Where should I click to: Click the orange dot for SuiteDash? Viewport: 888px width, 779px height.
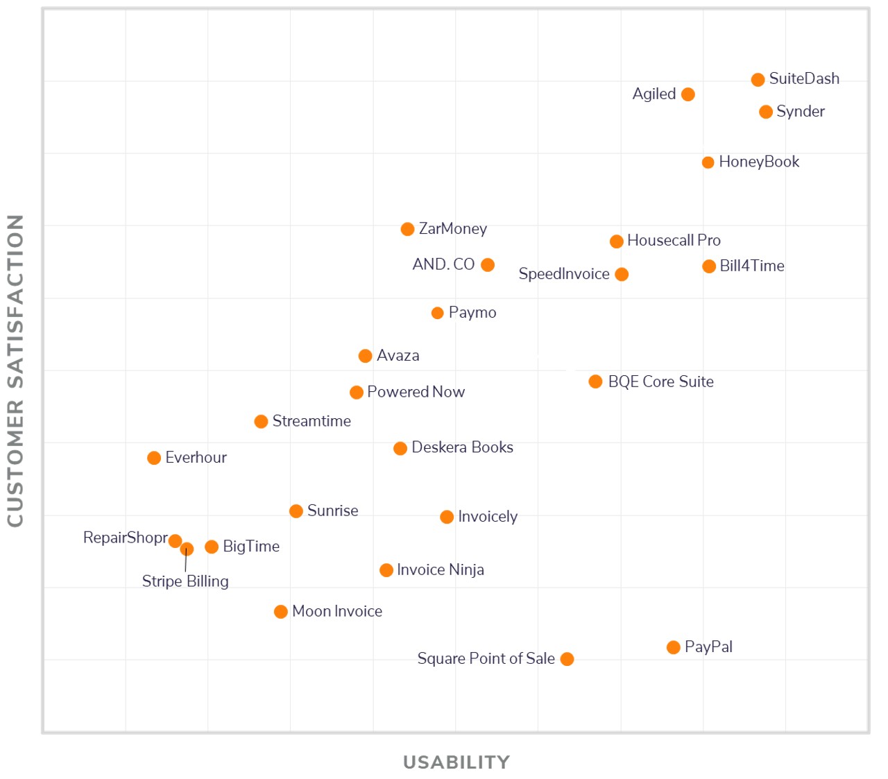(758, 80)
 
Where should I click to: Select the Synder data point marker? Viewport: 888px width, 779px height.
(765, 112)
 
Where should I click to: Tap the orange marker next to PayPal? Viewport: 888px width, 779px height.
(673, 647)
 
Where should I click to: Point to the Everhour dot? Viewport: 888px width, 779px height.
(154, 458)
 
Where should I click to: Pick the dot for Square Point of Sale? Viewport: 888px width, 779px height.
(567, 659)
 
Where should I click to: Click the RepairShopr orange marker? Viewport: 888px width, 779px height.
(175, 541)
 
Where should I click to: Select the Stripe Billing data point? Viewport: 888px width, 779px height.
(187, 549)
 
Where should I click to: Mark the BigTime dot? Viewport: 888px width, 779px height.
(212, 547)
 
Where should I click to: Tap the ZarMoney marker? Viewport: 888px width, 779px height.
(407, 229)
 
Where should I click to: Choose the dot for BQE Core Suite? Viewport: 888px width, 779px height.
(595, 382)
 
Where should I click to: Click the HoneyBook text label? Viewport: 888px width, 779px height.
(759, 162)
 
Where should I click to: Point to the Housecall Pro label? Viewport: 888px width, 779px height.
(674, 240)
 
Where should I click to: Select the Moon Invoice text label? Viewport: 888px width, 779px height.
(337, 611)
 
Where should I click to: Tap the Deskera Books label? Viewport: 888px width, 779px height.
(462, 447)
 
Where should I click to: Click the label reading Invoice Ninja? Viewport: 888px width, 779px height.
(441, 570)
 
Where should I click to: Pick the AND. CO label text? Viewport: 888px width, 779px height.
(443, 264)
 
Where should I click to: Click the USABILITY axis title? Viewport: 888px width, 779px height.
(456, 762)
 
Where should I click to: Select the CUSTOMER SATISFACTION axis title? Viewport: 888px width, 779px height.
(15, 370)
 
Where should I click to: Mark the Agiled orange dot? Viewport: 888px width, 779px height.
(688, 94)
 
